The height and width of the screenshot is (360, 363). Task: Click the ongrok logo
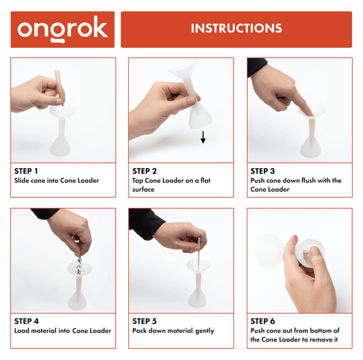click(x=62, y=29)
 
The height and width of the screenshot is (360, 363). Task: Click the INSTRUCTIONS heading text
click(x=236, y=28)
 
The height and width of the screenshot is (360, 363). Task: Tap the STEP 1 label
click(x=27, y=171)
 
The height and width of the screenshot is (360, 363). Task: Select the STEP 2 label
click(x=145, y=171)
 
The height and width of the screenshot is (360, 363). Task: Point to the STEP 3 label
click(x=263, y=171)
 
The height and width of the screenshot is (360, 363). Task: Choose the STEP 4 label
click(x=27, y=321)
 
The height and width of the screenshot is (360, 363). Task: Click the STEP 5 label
click(x=145, y=321)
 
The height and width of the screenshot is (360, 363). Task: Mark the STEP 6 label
click(x=263, y=321)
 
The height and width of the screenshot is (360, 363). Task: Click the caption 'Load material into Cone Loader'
click(x=62, y=331)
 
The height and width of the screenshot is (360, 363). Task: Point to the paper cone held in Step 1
click(x=60, y=85)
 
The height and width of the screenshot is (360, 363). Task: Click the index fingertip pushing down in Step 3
click(x=308, y=111)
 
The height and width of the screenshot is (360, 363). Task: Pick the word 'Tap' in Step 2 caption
click(x=138, y=181)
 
